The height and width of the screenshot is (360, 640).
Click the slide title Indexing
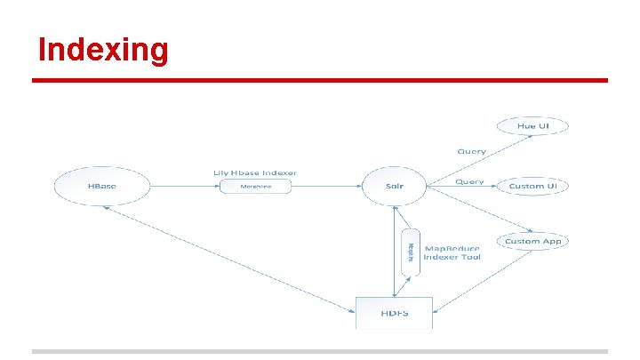[103, 50]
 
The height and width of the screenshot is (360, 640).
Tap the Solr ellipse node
[395, 187]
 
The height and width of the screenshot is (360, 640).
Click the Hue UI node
[532, 127]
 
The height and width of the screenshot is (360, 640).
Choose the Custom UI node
[533, 187]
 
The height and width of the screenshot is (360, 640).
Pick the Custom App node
[533, 242]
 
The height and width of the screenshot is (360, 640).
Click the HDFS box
[394, 311]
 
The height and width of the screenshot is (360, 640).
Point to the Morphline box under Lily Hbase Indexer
[255, 187]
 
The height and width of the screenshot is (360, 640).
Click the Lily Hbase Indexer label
[255, 172]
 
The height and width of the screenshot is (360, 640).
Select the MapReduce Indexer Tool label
[452, 252]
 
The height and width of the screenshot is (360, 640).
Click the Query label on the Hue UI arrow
[471, 152]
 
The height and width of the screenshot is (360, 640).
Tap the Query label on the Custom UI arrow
[469, 182]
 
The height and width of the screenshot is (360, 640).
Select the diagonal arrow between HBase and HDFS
[227, 259]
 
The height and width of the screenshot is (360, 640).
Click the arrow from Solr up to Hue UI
[471, 161]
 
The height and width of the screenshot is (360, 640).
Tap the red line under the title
[320, 80]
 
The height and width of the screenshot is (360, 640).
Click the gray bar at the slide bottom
[320, 351]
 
